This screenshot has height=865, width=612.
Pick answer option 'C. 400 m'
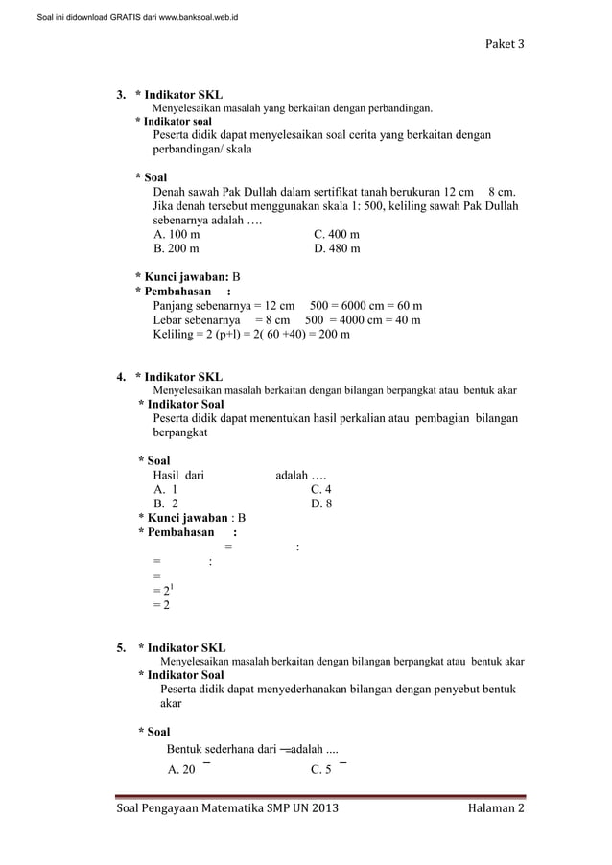pos(337,234)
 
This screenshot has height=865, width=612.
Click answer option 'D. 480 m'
pos(337,249)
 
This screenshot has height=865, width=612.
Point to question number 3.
pos(121,95)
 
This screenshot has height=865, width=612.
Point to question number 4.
pos(121,377)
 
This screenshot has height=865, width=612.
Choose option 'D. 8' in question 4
pos(321,503)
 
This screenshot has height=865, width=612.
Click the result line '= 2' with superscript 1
pos(162,590)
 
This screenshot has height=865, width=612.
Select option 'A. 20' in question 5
pos(181,769)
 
